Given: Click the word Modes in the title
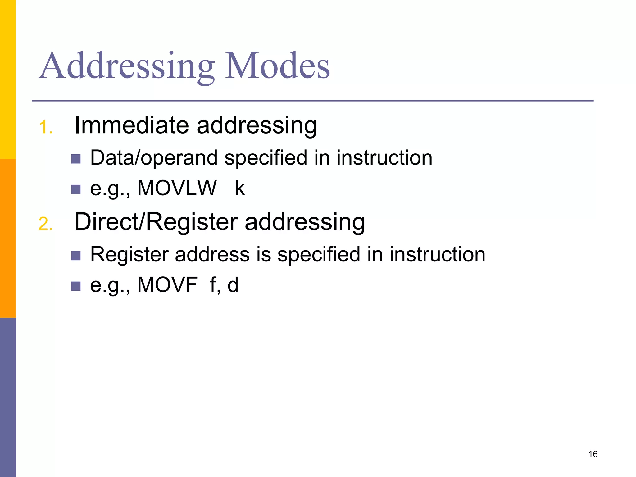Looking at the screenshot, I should (277, 66).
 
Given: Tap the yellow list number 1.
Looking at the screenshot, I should (46, 128).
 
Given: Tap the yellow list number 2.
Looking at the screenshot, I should (46, 224).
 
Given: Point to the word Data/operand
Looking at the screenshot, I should (154, 158).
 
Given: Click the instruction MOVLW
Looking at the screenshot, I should (177, 188).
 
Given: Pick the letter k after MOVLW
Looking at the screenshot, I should (240, 188).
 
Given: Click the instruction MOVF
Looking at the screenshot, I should (167, 285).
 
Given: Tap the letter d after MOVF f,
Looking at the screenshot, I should (233, 285).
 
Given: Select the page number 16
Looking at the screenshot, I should (593, 454).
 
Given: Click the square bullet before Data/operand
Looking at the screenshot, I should (76, 159).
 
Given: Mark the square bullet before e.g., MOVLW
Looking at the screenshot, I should (76, 189).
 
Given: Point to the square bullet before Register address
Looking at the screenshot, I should (76, 256).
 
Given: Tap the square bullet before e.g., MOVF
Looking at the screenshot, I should (76, 286).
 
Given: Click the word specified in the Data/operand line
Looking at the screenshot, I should (266, 158).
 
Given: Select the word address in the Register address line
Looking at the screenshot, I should (212, 255).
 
